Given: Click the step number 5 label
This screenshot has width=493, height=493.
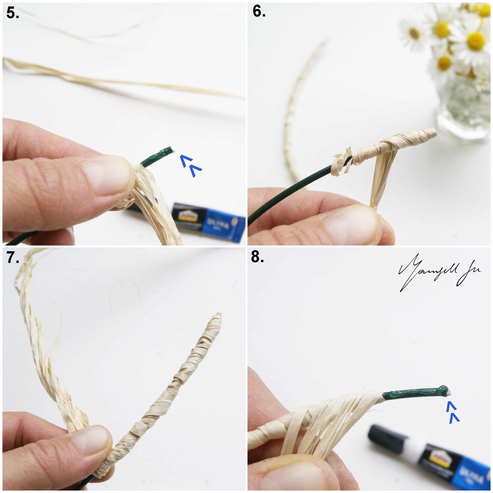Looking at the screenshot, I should coord(12,13).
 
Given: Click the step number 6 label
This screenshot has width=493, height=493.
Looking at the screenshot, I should coord(259,11).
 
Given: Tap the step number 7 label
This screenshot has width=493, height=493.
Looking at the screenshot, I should coord(13,258).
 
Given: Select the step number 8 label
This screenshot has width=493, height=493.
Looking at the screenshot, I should coord(257,257).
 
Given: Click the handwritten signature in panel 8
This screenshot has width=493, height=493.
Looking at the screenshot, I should coord(439,273).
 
